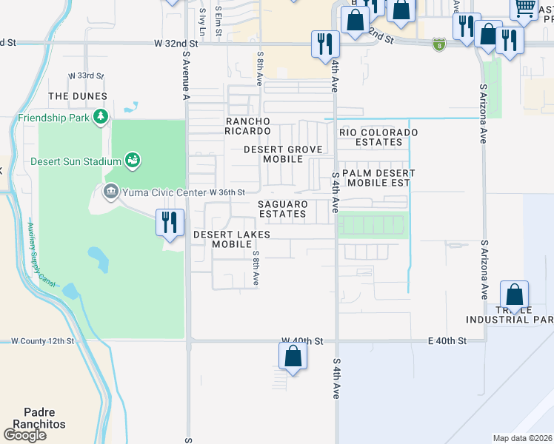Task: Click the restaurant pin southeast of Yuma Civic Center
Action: pos(170,222)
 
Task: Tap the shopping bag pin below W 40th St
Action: pos(293,357)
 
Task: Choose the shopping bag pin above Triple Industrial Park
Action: pos(514,294)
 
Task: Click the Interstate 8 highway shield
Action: pos(439,44)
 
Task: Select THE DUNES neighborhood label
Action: pos(78,96)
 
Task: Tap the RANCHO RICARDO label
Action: pos(248,126)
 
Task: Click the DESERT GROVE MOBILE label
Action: pos(284,154)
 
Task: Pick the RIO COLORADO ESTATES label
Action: pos(378,137)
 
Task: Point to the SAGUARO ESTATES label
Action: pos(282,209)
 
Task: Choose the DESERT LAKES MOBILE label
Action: pos(232,239)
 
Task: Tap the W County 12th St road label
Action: pos(42,341)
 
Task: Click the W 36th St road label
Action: pos(227,192)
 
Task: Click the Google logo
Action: pos(24,435)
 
